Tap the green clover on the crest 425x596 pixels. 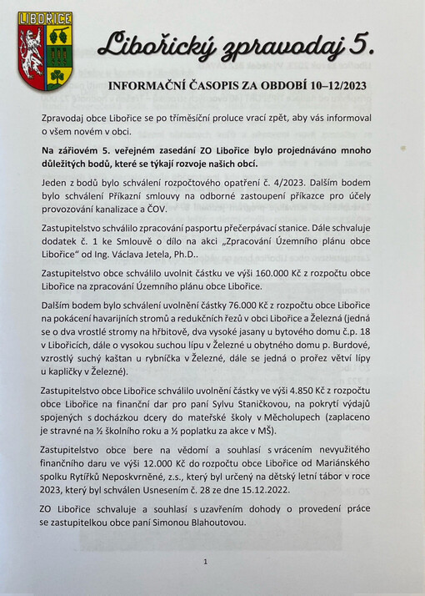pos(57,76)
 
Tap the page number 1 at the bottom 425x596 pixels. pos(204,563)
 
